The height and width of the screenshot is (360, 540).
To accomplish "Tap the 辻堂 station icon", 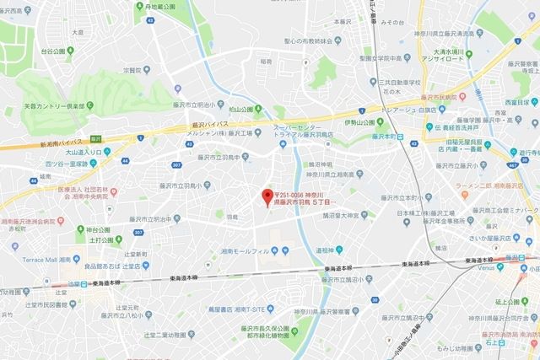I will (78, 283).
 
